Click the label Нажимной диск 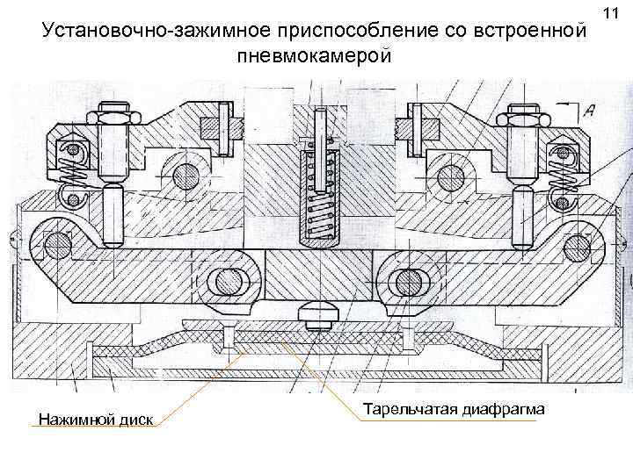tap(95, 420)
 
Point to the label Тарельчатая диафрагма tap(454, 410)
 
